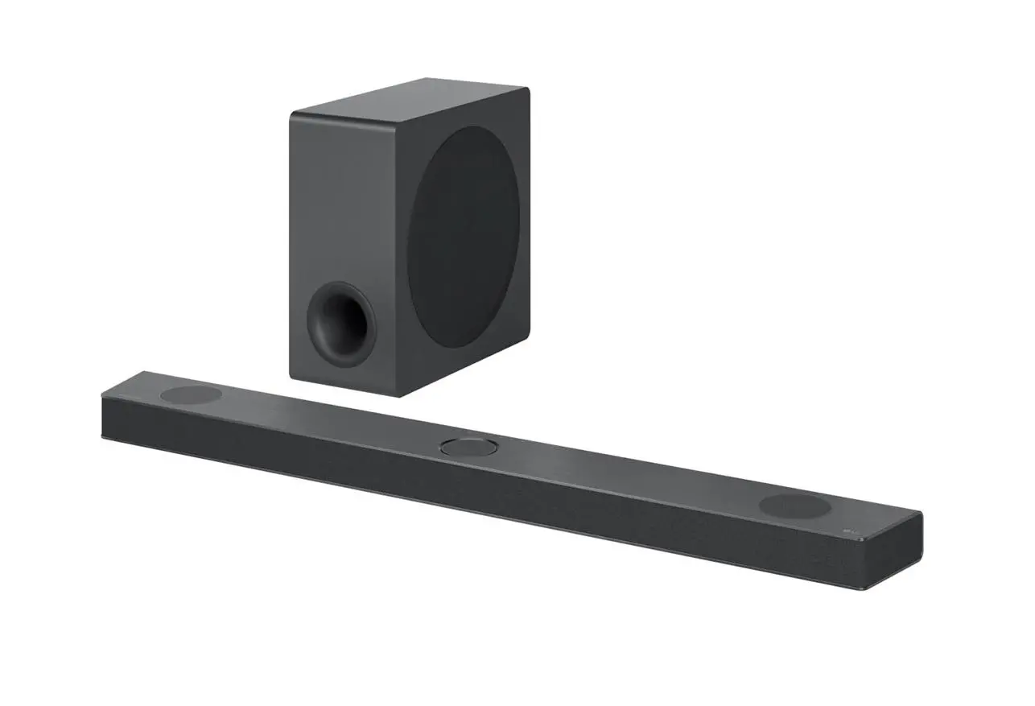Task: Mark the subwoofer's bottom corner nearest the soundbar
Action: pos(401,394)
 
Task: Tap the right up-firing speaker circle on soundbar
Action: pos(794,506)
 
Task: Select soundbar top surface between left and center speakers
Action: pos(322,419)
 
